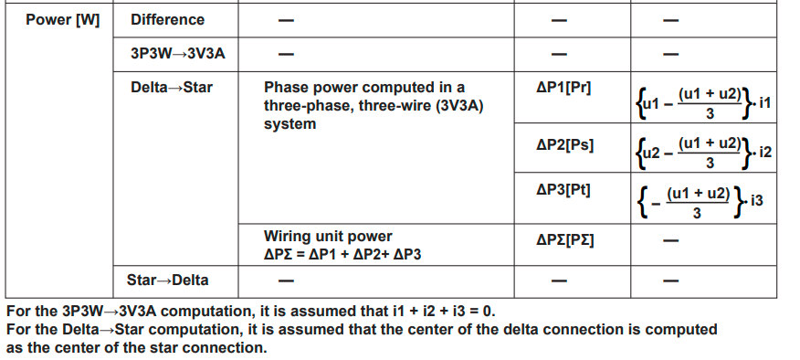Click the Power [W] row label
62,19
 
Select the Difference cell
167,19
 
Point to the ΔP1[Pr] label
563,88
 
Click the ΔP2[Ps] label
564,144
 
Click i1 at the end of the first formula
765,103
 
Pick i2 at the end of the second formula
765,149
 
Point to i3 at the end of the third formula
755,199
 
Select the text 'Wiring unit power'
328,236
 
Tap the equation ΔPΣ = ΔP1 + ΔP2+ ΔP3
342,253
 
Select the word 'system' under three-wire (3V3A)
289,123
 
